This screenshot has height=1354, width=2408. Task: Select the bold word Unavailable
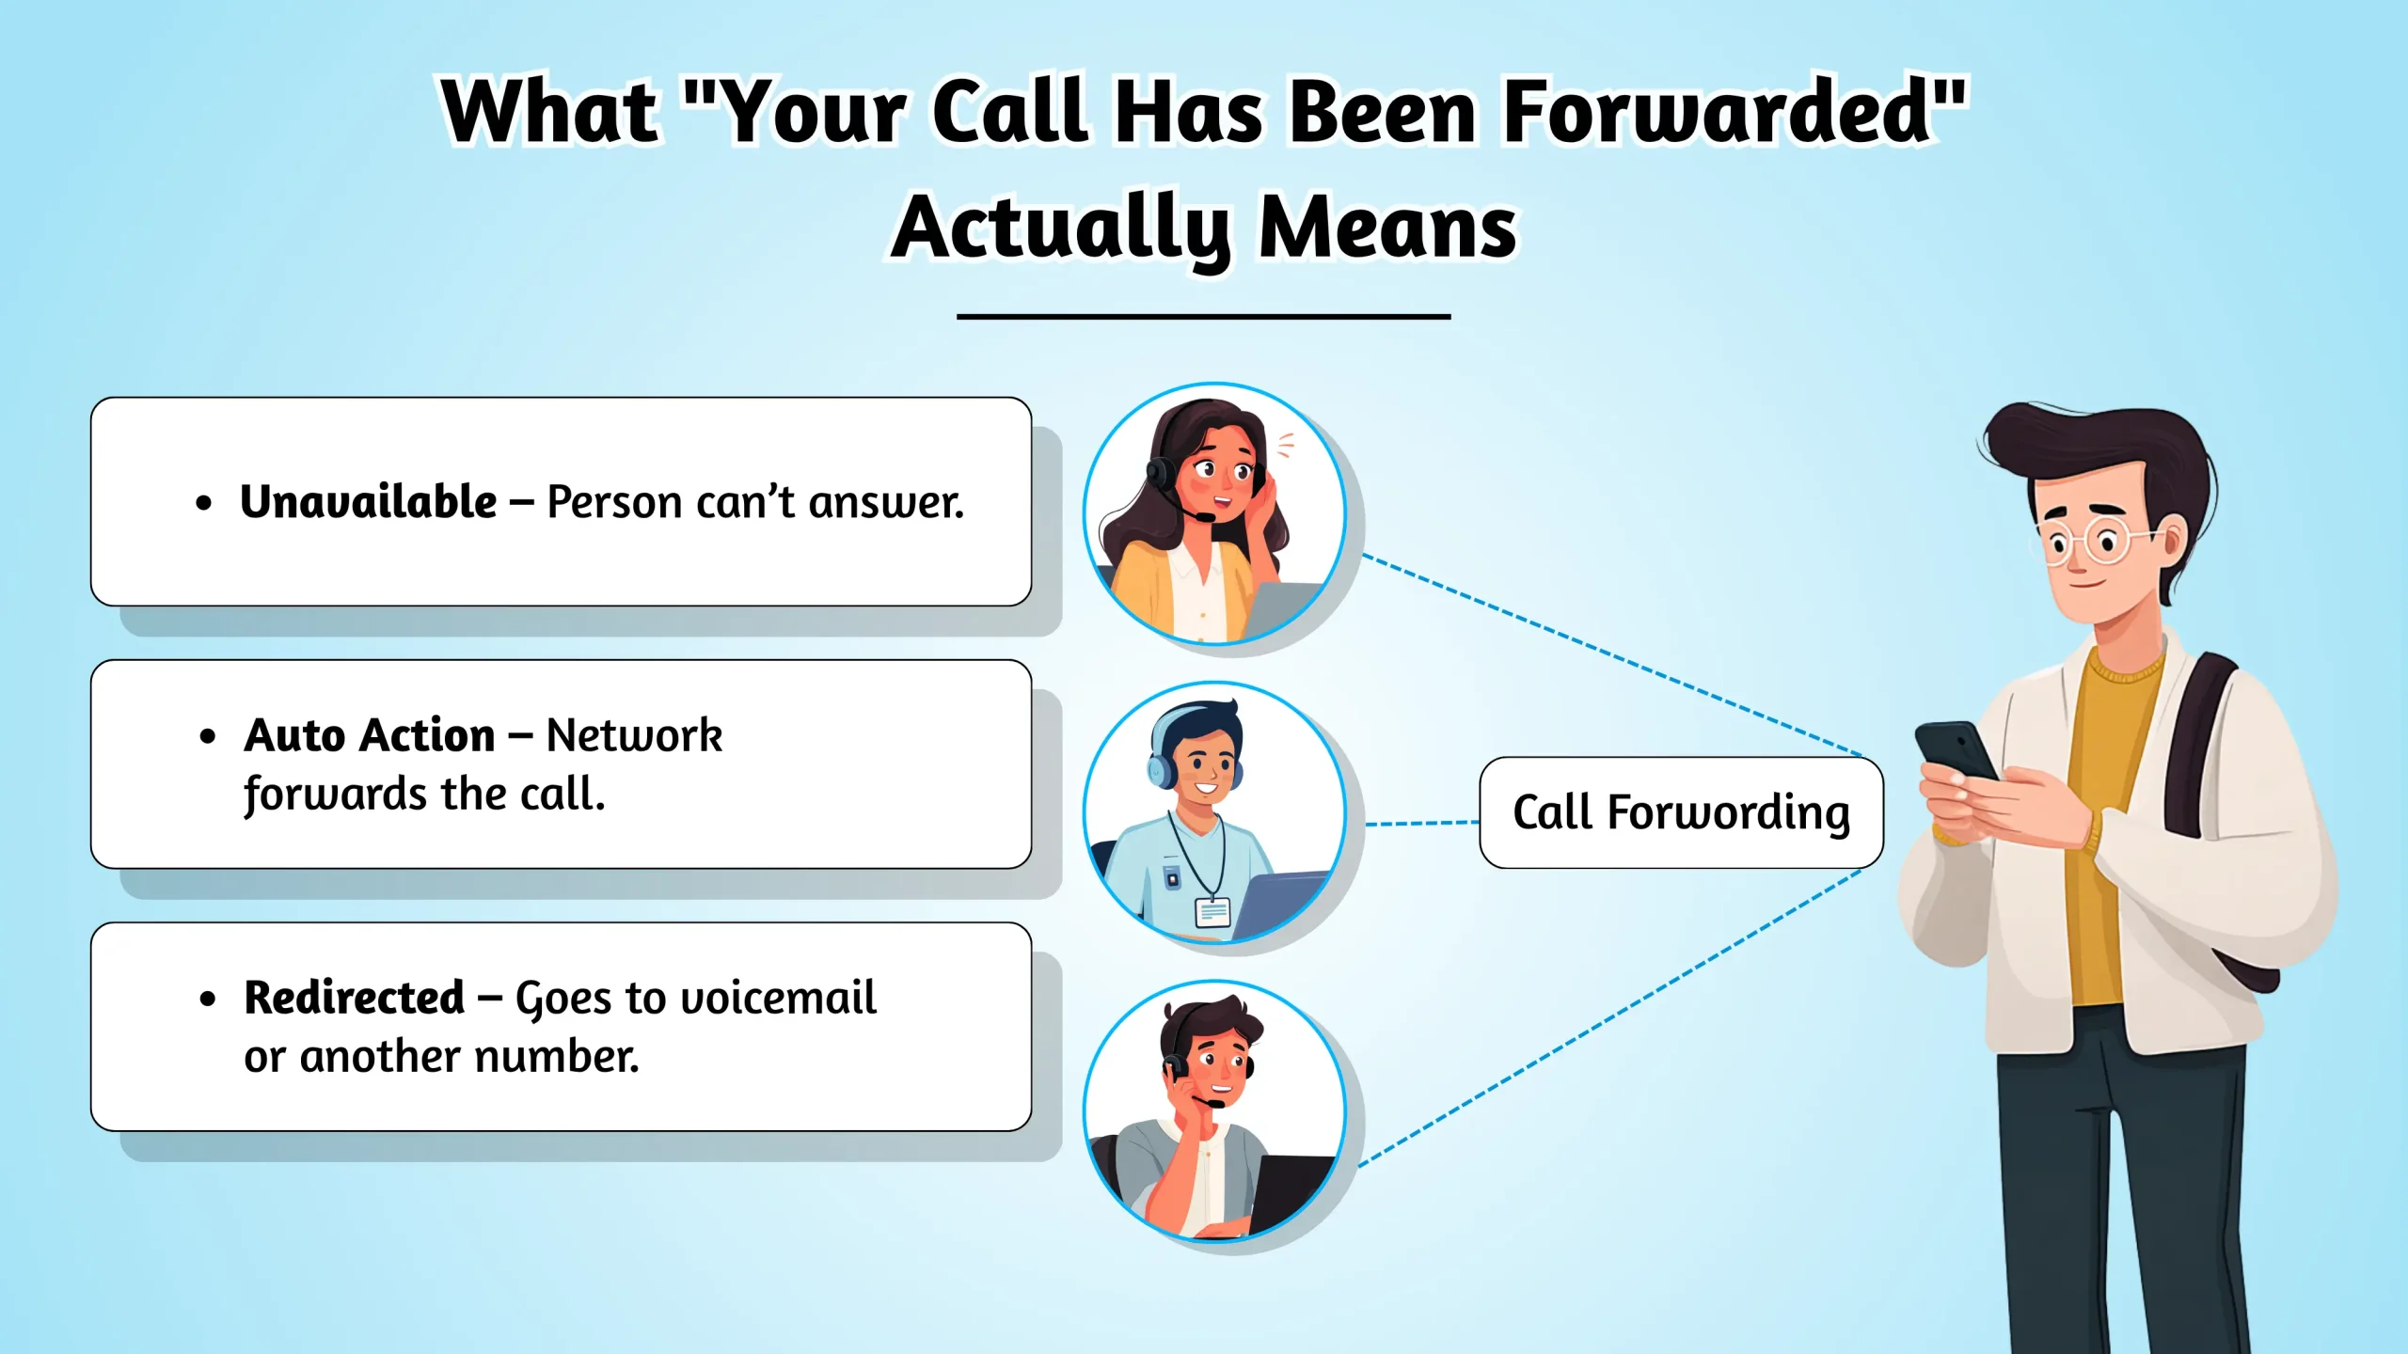(x=368, y=501)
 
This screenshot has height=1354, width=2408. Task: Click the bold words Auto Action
(x=369, y=734)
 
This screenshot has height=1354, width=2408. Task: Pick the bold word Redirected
(x=354, y=998)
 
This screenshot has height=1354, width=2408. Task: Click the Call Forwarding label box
(x=1681, y=812)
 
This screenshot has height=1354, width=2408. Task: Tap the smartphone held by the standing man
(x=1956, y=752)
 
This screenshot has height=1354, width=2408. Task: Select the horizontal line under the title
(x=1203, y=317)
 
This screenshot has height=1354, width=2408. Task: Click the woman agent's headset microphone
(x=1204, y=516)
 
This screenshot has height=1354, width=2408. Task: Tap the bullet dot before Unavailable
(x=204, y=504)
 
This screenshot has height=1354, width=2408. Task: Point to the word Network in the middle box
(x=634, y=734)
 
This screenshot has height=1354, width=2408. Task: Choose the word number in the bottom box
(x=556, y=1057)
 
